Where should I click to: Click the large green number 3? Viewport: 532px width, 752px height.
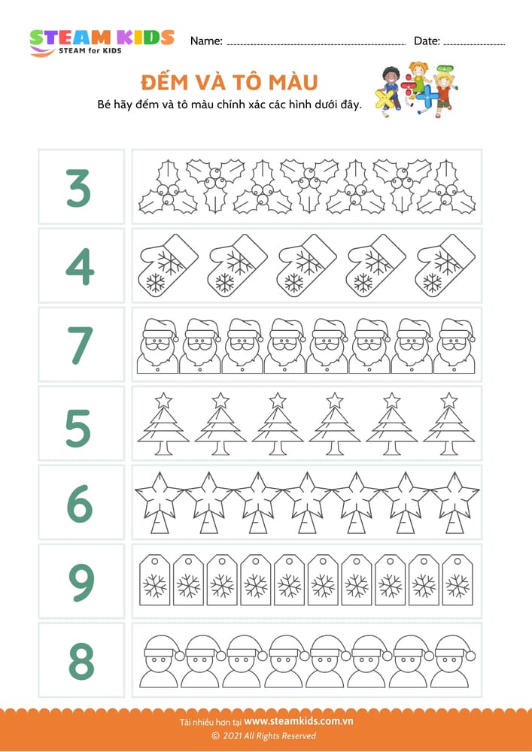(x=79, y=187)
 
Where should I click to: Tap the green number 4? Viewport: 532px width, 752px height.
(x=80, y=266)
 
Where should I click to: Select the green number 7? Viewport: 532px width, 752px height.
(x=81, y=345)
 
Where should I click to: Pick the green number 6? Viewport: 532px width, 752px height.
(x=80, y=503)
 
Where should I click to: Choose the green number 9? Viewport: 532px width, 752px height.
(x=81, y=582)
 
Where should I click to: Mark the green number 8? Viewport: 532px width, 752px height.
(x=81, y=661)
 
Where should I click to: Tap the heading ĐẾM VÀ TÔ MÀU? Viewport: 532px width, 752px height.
(x=230, y=83)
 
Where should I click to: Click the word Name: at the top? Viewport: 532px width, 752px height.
(x=206, y=41)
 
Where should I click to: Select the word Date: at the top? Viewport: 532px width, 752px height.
(x=427, y=41)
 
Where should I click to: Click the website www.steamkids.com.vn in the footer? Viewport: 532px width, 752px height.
(x=299, y=721)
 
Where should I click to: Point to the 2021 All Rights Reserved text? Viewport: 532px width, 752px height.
(x=264, y=735)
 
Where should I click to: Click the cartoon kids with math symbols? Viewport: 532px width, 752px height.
(x=415, y=90)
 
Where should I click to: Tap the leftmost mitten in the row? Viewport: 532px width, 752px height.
(x=168, y=265)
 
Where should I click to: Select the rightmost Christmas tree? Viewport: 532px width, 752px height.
(x=449, y=424)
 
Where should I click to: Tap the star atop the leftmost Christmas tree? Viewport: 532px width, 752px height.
(x=163, y=399)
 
